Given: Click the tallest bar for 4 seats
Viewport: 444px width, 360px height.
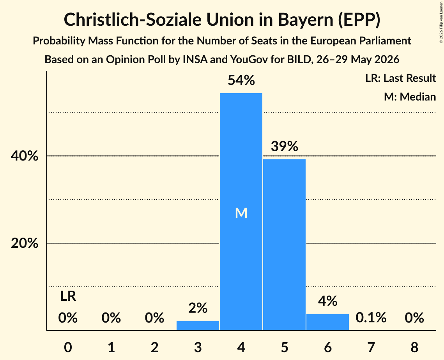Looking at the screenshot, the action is (x=241, y=212).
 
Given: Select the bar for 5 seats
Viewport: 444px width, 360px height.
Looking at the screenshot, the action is (x=284, y=245).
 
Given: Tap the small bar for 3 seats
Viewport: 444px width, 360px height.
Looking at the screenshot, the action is (x=198, y=325).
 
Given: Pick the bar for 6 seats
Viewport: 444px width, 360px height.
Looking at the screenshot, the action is (x=327, y=322).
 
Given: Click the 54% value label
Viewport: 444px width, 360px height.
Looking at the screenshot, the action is (x=241, y=80).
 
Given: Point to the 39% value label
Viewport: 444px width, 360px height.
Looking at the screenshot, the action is (x=284, y=146).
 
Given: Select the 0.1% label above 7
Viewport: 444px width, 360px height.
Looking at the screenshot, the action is (x=371, y=318).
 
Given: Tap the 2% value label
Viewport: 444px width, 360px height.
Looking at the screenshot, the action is (x=198, y=308).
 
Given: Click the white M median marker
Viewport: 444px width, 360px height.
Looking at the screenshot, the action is (x=241, y=213).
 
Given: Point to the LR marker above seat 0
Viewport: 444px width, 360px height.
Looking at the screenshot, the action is (x=68, y=296).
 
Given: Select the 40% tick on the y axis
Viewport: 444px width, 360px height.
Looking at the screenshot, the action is (x=24, y=156).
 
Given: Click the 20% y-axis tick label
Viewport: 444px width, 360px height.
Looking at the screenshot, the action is (x=24, y=243).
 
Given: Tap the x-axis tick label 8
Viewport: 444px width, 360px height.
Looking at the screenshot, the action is (x=414, y=347).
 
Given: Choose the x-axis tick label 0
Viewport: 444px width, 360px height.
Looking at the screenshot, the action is (x=68, y=347).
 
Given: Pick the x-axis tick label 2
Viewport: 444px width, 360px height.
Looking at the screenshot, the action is (x=154, y=347).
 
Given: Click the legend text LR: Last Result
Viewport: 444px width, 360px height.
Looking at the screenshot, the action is (x=400, y=78).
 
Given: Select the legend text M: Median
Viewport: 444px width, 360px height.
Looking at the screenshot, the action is (x=410, y=97).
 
